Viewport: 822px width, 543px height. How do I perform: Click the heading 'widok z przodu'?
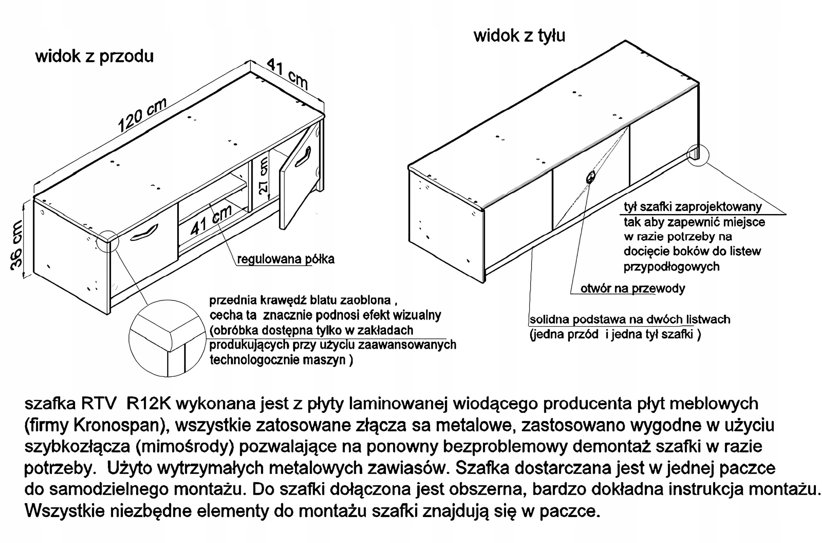[94, 56]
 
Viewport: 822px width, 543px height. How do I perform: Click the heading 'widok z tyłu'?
[519, 36]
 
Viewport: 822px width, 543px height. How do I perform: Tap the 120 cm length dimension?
[142, 115]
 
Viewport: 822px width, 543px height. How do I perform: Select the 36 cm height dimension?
[16, 245]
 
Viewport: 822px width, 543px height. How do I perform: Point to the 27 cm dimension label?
[263, 175]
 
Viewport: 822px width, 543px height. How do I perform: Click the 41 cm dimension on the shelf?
[211, 220]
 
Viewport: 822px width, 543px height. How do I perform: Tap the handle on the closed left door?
[144, 232]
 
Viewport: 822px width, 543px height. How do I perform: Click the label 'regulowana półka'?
[285, 259]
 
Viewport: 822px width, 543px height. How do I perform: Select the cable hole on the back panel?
[590, 177]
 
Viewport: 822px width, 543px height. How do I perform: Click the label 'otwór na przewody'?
[633, 289]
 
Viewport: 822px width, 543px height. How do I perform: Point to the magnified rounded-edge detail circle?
[167, 338]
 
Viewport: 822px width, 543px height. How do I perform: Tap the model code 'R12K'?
[149, 404]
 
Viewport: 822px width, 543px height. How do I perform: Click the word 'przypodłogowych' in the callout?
[671, 267]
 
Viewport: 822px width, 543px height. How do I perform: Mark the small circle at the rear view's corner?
[698, 155]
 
